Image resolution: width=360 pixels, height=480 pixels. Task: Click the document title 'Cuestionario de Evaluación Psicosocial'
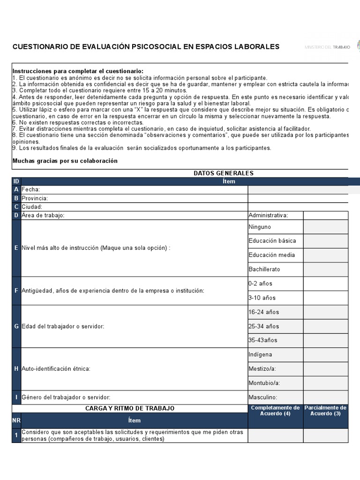tap(146, 46)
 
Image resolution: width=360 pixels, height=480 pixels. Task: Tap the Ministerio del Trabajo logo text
tap(327, 47)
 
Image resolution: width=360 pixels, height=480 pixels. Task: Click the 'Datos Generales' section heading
tap(224, 173)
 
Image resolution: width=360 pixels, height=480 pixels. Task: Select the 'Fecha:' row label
tap(31, 189)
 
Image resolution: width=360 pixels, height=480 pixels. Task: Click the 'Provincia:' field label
tap(35, 198)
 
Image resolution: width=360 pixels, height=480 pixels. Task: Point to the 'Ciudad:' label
tap(32, 207)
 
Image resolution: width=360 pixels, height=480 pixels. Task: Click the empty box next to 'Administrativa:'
tap(326, 215)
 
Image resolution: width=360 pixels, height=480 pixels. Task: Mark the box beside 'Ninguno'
tap(326, 227)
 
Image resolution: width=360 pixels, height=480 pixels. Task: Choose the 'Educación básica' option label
tap(272, 241)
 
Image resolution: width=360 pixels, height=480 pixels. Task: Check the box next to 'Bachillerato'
tap(326, 270)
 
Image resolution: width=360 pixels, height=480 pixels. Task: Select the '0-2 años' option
tap(260, 284)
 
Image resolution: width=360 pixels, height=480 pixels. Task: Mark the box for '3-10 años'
tap(326, 298)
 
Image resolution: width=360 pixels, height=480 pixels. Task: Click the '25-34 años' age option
tap(263, 326)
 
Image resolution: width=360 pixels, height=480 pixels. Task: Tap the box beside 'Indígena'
tap(326, 355)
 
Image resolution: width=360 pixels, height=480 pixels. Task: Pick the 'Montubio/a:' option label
tap(264, 383)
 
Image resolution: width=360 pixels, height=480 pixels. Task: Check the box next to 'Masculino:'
tap(326, 397)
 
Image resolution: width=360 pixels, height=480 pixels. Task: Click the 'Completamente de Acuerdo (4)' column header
tap(276, 411)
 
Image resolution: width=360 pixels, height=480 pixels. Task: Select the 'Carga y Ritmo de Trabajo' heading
tap(130, 408)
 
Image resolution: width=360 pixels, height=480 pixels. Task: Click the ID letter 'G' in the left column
tap(16, 326)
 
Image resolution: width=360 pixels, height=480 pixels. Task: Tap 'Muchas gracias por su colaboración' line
tap(65, 161)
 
